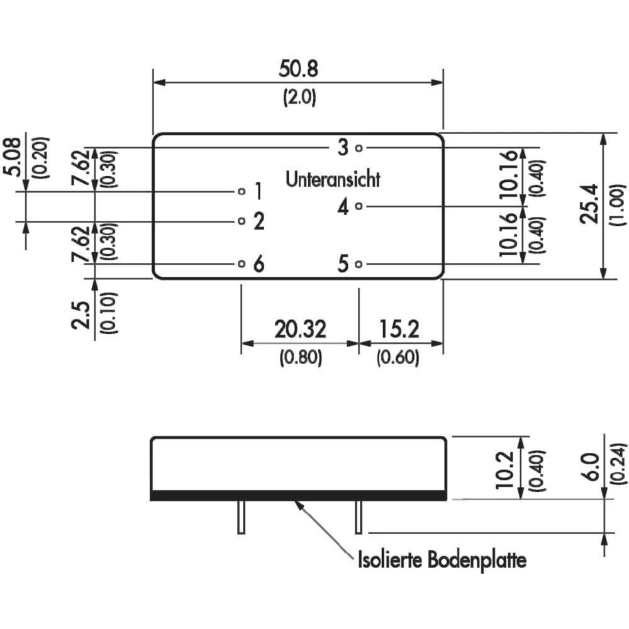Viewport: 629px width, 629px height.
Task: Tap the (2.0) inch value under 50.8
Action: coord(299,97)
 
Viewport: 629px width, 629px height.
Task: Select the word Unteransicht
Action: coord(333,179)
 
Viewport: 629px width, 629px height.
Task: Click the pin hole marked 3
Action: coord(359,148)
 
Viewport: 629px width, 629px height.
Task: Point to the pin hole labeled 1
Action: coord(242,190)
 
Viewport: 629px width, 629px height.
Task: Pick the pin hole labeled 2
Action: coord(242,221)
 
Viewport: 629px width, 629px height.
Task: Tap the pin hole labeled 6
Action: coord(242,264)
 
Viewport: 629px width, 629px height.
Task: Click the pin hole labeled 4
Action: coord(359,206)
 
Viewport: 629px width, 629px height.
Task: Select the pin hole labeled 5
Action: coord(359,264)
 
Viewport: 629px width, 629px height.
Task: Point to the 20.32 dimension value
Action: coord(299,328)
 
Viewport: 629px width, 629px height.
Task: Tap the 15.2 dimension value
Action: coord(399,328)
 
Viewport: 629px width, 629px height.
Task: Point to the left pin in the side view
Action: coord(240,517)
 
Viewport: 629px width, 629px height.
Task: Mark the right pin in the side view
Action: coord(359,517)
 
